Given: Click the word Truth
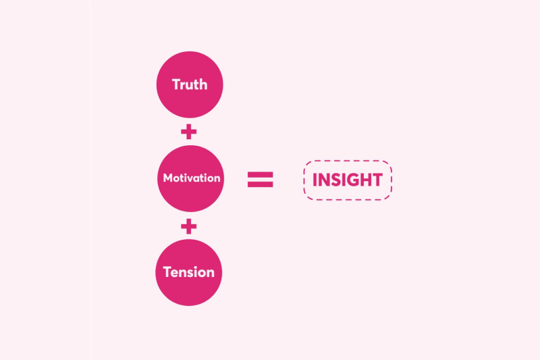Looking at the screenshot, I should pos(190,85).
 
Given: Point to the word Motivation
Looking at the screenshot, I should pos(192,179).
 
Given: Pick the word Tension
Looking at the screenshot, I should pos(189,273).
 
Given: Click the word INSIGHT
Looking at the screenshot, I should pos(347,180).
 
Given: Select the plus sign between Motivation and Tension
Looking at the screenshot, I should pos(189,226).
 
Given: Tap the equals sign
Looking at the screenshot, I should pos(260,180).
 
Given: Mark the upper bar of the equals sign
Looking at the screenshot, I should pos(260,175).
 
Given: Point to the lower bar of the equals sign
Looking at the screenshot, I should pos(260,184).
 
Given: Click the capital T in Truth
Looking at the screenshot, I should pos(177,85).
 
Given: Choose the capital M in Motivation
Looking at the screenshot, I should pos(168,179).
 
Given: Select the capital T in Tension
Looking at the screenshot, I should pos(168,273).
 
